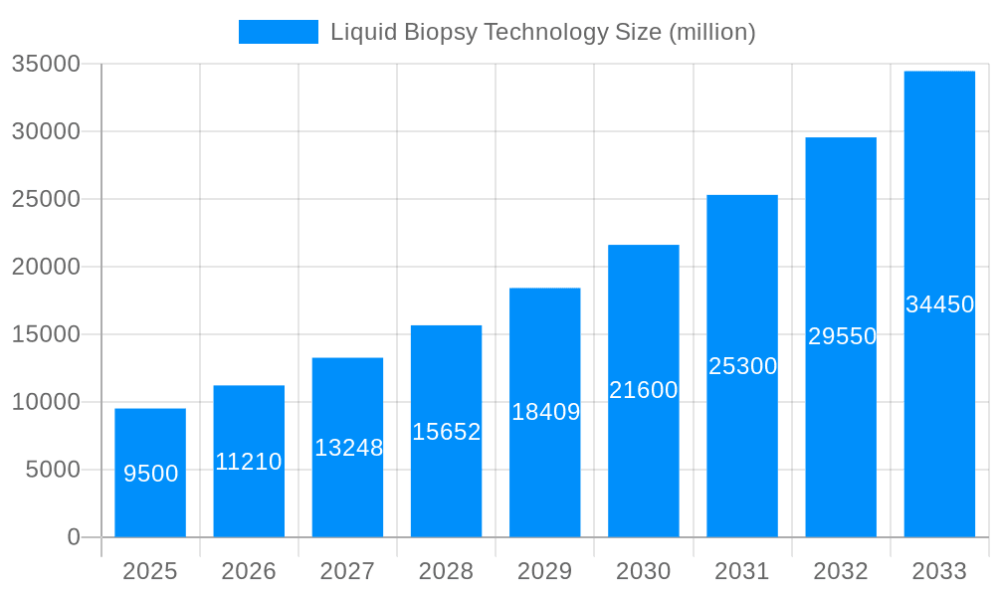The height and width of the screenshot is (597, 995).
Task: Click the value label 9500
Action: click(x=151, y=474)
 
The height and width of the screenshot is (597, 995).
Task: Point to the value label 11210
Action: click(x=249, y=462)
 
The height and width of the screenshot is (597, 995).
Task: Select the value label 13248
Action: click(x=348, y=448)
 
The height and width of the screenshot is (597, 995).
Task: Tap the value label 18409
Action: click(x=545, y=412)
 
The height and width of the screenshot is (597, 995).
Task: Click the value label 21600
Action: click(x=643, y=390)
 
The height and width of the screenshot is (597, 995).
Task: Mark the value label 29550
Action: click(x=842, y=336)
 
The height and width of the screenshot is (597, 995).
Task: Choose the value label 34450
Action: click(x=939, y=304)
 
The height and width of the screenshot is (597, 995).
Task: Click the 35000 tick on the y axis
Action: click(x=46, y=64)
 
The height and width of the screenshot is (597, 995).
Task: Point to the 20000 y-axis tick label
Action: click(x=46, y=267)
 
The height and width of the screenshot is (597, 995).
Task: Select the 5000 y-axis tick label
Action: click(x=53, y=470)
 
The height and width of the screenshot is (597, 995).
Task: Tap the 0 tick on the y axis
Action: click(x=74, y=537)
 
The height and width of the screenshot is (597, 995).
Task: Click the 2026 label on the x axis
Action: click(x=249, y=571)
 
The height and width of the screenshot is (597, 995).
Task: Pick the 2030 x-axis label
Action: click(x=643, y=571)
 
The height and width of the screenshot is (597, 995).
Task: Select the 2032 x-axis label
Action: click(x=841, y=571)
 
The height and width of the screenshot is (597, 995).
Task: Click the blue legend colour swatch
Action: click(x=279, y=32)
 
